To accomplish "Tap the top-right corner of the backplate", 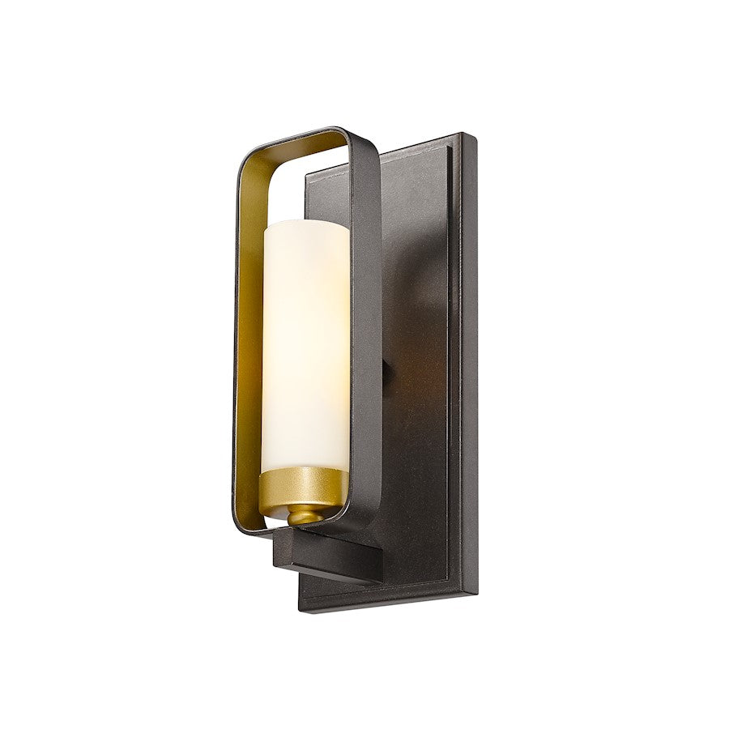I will point(471,136).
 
